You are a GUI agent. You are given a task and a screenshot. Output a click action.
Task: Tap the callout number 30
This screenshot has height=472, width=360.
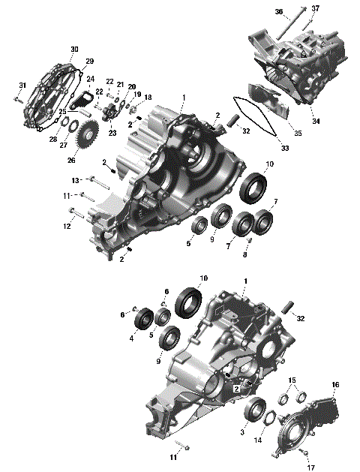(74, 49)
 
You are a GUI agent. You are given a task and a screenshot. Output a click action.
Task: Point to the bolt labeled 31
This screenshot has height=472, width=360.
(16, 98)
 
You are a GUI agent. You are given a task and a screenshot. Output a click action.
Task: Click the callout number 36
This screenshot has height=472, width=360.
(279, 12)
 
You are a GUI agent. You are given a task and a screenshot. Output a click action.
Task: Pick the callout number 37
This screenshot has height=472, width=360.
(315, 8)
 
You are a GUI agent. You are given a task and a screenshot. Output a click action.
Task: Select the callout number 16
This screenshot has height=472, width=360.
(335, 385)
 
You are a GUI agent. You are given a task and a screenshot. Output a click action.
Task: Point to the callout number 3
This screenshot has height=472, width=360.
(242, 432)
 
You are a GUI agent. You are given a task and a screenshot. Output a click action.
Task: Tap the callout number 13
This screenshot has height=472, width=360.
(75, 180)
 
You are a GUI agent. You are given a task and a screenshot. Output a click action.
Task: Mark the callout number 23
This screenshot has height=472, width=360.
(113, 133)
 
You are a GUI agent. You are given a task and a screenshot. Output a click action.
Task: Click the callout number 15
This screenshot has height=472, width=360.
(292, 380)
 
